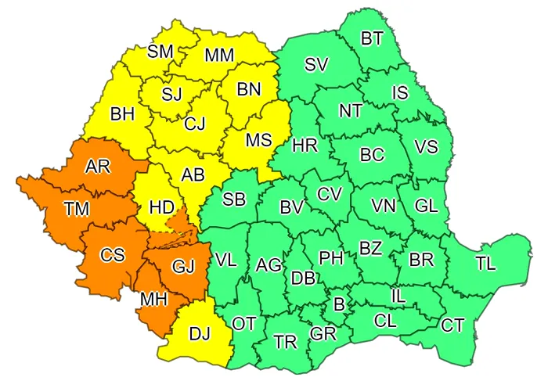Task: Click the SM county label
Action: click(160, 52)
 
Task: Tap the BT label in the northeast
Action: click(372, 39)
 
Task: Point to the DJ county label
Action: click(200, 335)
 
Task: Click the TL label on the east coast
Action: click(485, 264)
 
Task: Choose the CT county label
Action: click(452, 325)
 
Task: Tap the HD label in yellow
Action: click(161, 208)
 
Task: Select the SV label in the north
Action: click(316, 66)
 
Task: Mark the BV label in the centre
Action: click(291, 208)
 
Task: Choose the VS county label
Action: click(426, 148)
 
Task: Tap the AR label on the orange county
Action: click(97, 167)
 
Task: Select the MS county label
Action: click(258, 140)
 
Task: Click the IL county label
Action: click(398, 296)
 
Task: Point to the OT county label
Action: click(244, 323)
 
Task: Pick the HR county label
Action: click(304, 146)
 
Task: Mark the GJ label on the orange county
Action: click(182, 267)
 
